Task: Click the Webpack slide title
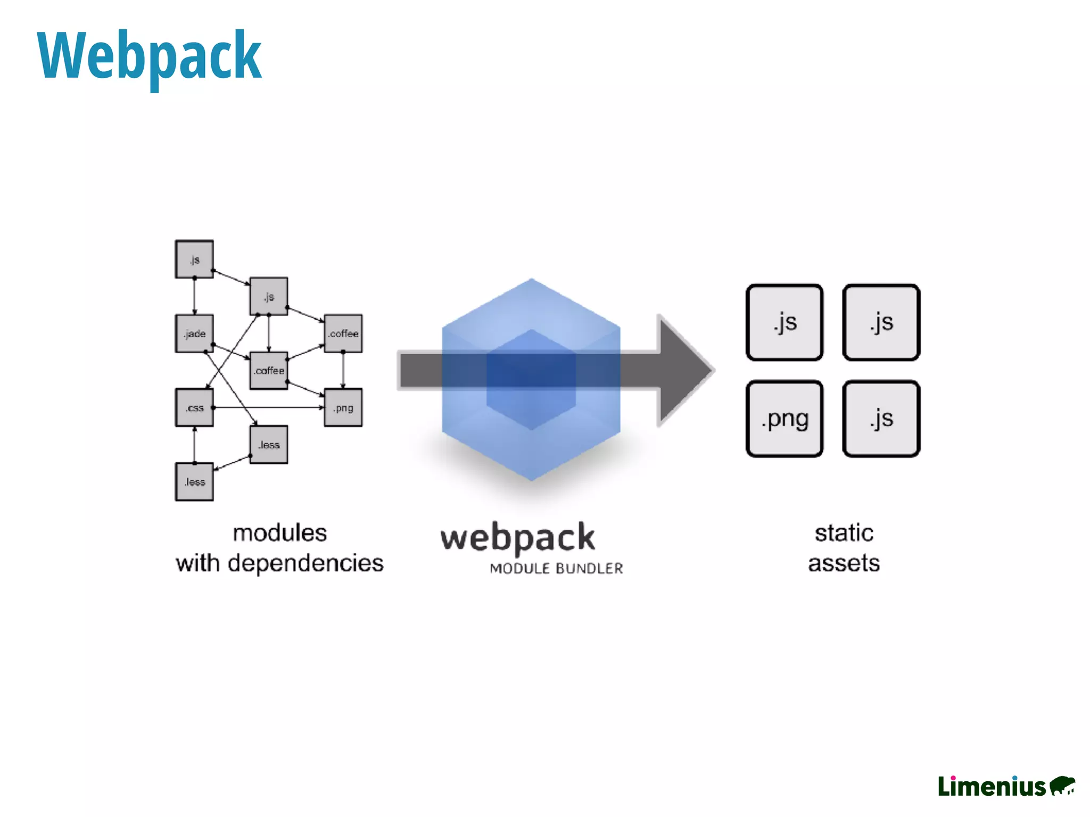point(149,56)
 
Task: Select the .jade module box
point(194,334)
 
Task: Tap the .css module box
point(194,407)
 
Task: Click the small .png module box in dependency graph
point(343,407)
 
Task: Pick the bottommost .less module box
point(194,482)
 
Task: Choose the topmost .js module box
point(194,259)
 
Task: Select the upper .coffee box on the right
point(343,334)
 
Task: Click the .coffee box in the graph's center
point(269,370)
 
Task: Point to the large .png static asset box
point(785,419)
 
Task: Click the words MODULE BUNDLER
point(556,569)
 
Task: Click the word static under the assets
point(844,533)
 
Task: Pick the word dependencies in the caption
point(305,563)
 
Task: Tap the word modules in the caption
point(280,533)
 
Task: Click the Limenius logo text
point(992,787)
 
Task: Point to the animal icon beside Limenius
point(1062,786)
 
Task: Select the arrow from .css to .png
point(269,407)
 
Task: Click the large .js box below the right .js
point(881,419)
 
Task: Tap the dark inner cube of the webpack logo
point(531,379)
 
